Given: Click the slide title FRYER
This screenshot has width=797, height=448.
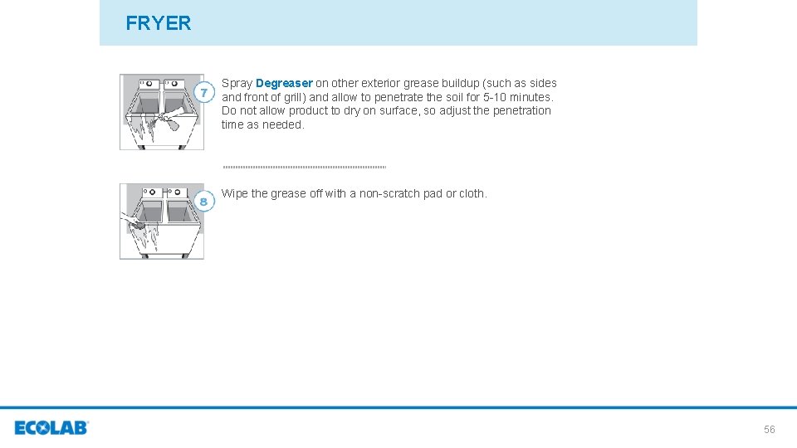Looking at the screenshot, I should [x=158, y=23].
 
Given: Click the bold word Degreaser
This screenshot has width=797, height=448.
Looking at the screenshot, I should [x=284, y=83].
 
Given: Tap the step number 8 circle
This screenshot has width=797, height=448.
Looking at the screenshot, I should [x=204, y=202].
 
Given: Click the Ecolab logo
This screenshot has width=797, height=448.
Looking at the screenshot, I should [x=51, y=428].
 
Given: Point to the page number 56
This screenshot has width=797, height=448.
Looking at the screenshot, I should [x=769, y=430].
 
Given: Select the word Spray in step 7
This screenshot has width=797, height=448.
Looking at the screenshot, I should [x=237, y=83].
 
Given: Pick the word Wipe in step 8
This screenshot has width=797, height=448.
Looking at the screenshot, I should [x=234, y=193].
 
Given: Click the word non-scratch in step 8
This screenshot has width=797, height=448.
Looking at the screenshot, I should [x=389, y=193].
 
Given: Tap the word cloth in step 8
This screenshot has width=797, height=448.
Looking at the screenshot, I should [x=472, y=193].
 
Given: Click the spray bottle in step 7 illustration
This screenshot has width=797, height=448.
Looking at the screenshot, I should [x=169, y=121].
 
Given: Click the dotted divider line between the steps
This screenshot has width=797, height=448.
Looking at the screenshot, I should [x=304, y=167].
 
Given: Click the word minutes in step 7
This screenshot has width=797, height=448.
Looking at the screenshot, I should [x=532, y=97].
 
